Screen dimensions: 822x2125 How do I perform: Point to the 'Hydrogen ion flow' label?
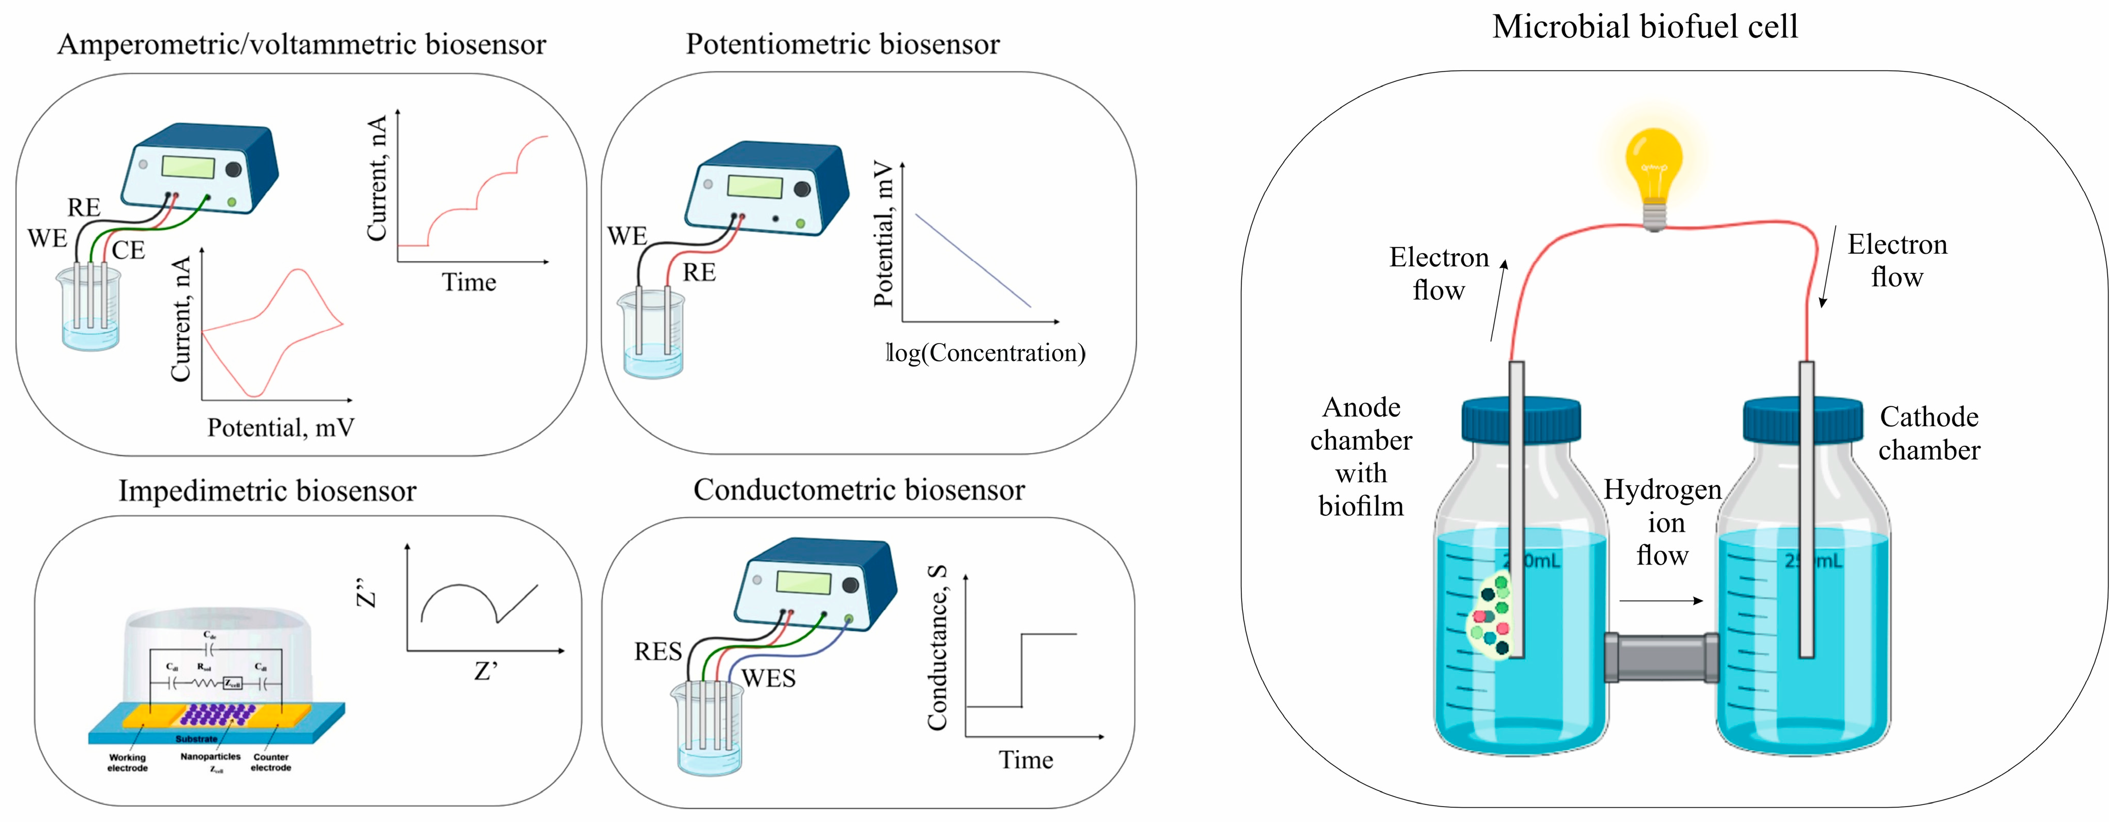[x=1662, y=522]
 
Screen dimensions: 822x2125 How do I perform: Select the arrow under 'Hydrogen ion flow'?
[x=1661, y=600]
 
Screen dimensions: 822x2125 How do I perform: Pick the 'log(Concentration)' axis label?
[x=986, y=353]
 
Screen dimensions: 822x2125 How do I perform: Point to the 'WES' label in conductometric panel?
[x=768, y=678]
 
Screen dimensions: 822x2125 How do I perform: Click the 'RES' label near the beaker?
[x=658, y=651]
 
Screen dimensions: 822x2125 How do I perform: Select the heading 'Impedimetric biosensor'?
[x=267, y=491]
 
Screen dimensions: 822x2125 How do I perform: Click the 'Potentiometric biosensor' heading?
[x=842, y=44]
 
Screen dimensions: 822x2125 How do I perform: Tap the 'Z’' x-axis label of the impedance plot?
[x=486, y=672]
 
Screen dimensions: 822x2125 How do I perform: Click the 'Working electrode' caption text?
[x=127, y=763]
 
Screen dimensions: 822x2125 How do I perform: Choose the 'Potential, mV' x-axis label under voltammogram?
[x=281, y=428]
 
